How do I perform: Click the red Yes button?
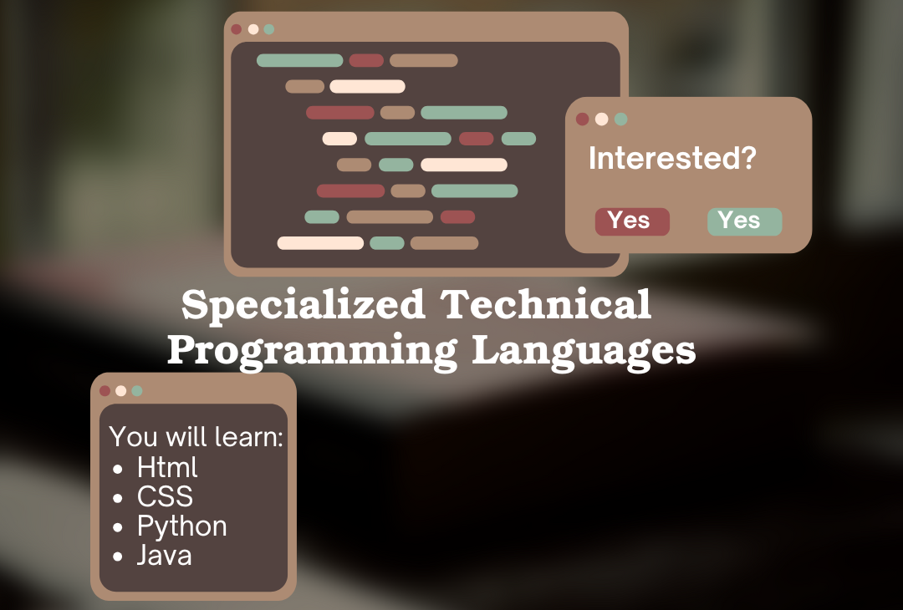[632, 221]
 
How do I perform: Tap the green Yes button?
[745, 221]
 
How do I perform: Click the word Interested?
[672, 158]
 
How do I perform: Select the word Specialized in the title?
[304, 304]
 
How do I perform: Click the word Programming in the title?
[312, 352]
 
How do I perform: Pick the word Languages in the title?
[584, 352]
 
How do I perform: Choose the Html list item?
[167, 467]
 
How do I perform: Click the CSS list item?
[165, 496]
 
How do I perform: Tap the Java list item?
[164, 556]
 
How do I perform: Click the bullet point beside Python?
[118, 527]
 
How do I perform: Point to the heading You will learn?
[196, 437]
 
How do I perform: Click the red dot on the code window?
[236, 29]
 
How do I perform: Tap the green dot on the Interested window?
[620, 119]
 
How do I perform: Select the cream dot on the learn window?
[121, 391]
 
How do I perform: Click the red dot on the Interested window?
[582, 119]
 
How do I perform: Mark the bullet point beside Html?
[118, 469]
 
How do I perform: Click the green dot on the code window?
[269, 29]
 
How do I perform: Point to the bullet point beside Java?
[118, 557]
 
